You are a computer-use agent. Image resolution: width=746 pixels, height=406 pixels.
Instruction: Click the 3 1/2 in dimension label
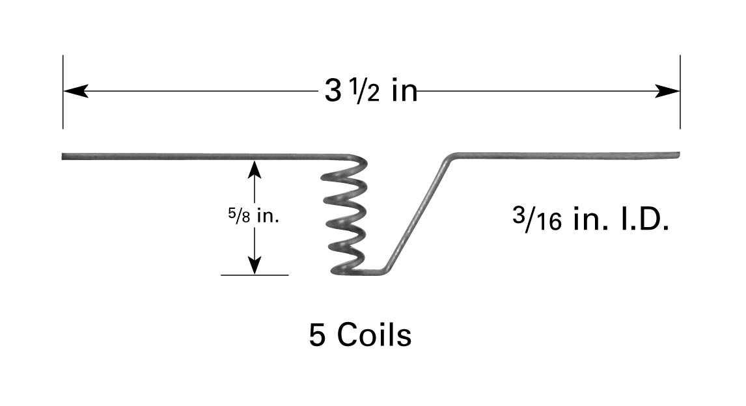[370, 92]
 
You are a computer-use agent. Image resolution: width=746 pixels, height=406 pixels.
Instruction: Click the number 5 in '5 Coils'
[317, 336]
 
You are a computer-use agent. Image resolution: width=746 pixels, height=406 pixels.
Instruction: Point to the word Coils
[374, 336]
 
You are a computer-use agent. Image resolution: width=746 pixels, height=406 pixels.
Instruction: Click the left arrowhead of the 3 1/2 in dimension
[75, 91]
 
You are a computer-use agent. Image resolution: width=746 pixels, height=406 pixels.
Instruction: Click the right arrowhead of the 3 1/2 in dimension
[669, 91]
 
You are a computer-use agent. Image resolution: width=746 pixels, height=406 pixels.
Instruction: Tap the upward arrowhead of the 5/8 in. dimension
[255, 169]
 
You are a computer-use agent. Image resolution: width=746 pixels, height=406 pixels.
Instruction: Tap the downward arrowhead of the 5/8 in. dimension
[255, 265]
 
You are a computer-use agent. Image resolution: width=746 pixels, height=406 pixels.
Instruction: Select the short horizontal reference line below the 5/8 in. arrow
[255, 275]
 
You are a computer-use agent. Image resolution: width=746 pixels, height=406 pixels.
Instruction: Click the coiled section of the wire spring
[344, 215]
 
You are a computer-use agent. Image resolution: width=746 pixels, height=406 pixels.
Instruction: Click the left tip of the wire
[64, 156]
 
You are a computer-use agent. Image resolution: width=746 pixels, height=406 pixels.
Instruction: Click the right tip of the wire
[678, 155]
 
